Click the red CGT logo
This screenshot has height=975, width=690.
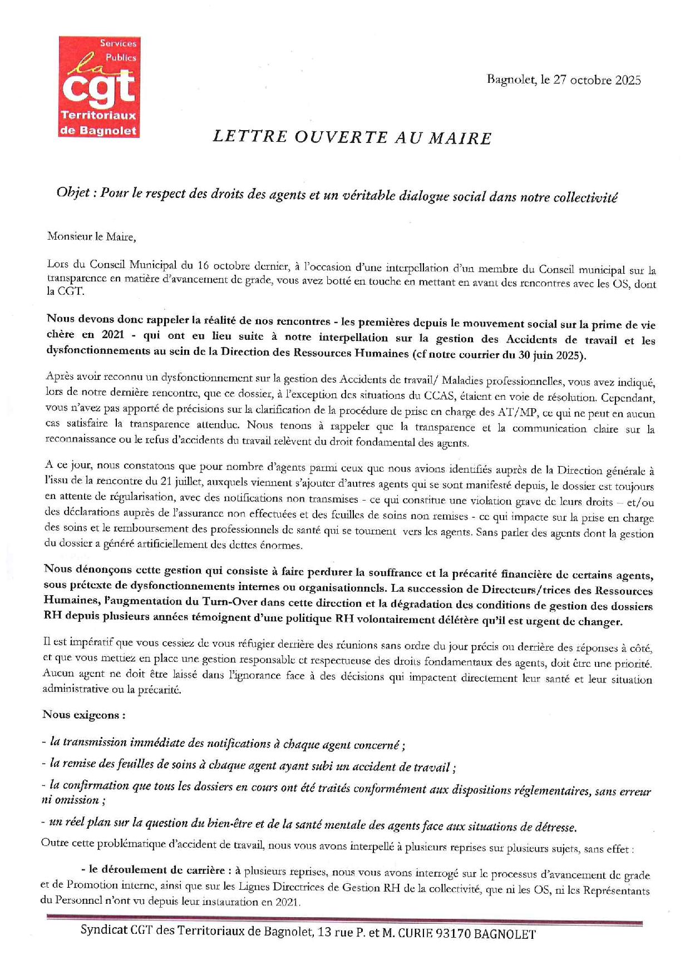click(99, 87)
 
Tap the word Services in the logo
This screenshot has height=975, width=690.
click(118, 43)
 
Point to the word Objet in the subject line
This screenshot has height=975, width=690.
click(73, 194)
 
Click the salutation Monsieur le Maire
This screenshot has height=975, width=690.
click(91, 236)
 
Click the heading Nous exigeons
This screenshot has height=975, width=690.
click(84, 715)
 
